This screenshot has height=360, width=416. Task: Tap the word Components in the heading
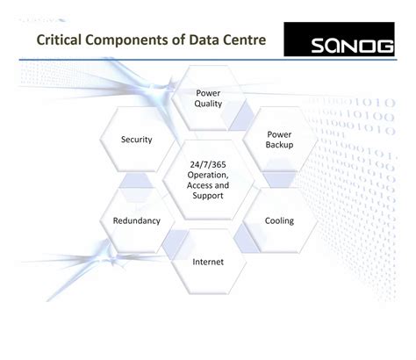pyautogui.click(x=140, y=41)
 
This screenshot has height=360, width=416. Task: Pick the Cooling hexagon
pyautogui.click(x=279, y=220)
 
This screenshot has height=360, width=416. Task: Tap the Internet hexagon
pyautogui.click(x=208, y=262)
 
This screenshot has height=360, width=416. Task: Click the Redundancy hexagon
pyautogui.click(x=137, y=220)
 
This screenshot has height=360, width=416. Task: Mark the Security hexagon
pyautogui.click(x=137, y=140)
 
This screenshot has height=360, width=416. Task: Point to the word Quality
pyautogui.click(x=208, y=104)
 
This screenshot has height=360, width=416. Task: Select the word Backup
pyautogui.click(x=279, y=144)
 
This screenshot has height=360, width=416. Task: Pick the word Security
pyautogui.click(x=137, y=140)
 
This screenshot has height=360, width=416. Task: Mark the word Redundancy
pyautogui.click(x=137, y=220)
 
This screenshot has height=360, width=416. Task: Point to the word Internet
pyautogui.click(x=208, y=262)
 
